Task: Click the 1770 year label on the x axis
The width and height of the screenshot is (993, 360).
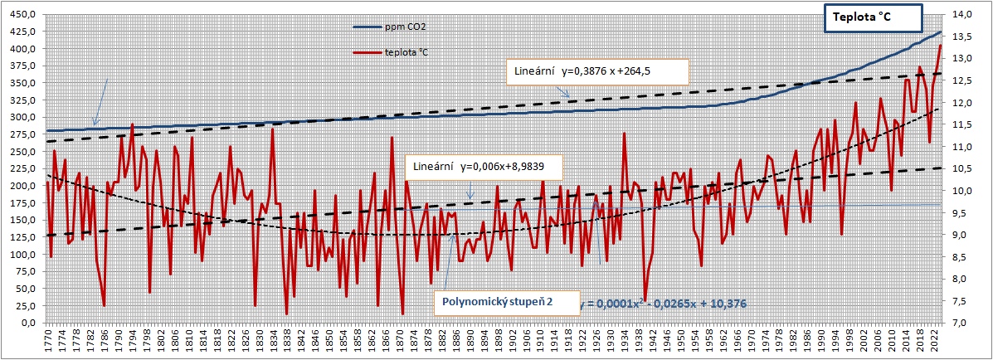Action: pos(47,341)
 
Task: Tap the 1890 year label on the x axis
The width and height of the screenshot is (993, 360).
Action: pos(470,341)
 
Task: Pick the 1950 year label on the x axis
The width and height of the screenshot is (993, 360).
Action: pos(680,341)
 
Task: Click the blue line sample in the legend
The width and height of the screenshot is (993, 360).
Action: pos(366,27)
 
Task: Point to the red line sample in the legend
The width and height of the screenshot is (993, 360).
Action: pos(366,52)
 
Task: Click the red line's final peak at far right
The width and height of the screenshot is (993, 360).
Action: pos(940,46)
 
